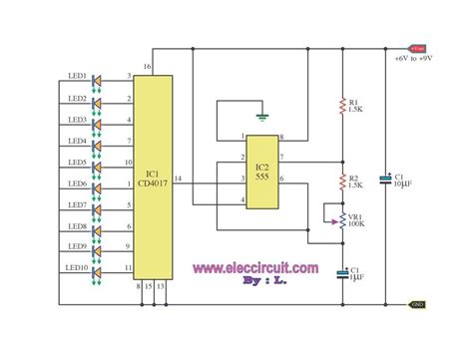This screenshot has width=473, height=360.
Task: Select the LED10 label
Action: click(x=78, y=268)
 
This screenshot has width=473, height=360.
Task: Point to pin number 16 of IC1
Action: click(x=147, y=67)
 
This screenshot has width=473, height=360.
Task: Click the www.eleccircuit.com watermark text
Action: click(x=255, y=267)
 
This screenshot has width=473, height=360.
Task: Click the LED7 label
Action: click(x=77, y=204)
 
